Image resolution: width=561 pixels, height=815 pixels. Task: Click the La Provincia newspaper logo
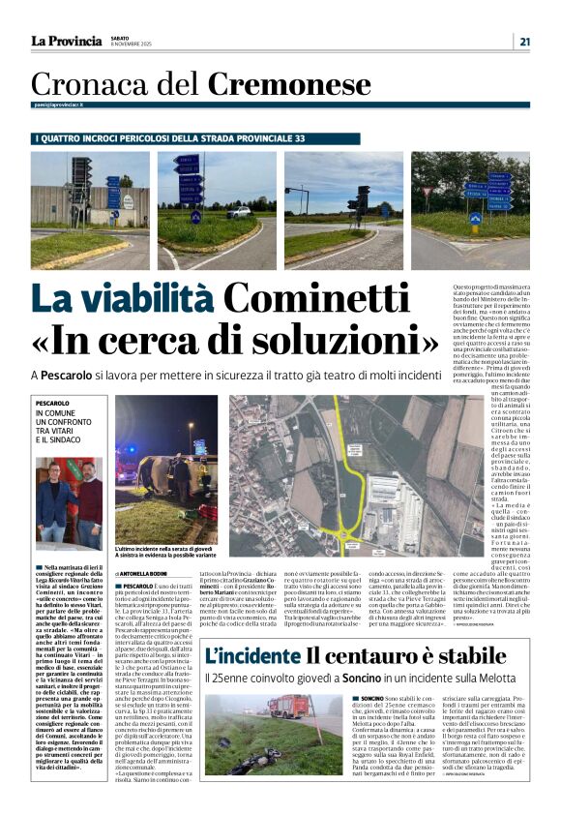pos(66,41)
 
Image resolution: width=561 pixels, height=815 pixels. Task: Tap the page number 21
pos(524,41)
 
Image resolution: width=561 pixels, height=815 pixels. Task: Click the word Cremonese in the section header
pos(289,84)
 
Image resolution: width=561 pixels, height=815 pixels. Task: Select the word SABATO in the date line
pos(125,37)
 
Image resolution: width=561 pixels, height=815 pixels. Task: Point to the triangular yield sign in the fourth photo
pos(427,193)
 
